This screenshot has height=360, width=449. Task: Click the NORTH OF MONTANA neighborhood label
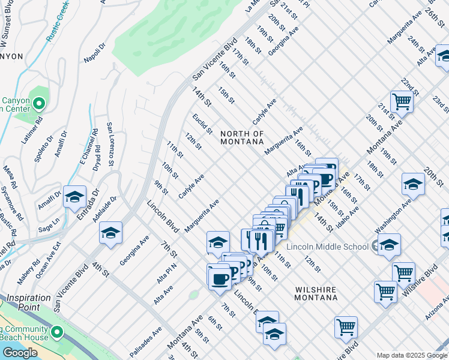242,137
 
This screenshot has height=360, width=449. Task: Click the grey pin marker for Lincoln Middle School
376,245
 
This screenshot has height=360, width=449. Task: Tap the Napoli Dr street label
95,52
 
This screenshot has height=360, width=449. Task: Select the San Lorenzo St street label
110,144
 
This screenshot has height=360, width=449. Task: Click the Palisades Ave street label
147,340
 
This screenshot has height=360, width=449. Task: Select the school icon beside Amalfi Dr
74,197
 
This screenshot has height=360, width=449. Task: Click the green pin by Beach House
57,332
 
